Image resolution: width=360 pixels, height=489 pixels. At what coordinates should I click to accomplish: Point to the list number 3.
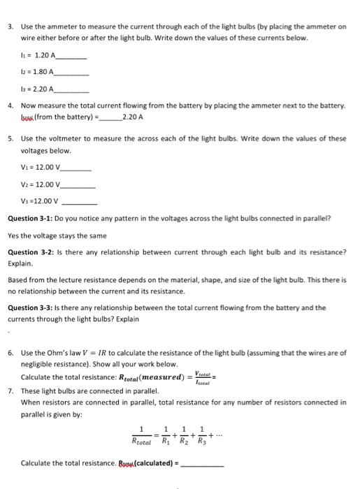point(10,26)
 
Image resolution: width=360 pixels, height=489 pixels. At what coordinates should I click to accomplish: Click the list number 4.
point(10,105)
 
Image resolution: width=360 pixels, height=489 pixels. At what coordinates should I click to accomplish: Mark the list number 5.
point(10,138)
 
